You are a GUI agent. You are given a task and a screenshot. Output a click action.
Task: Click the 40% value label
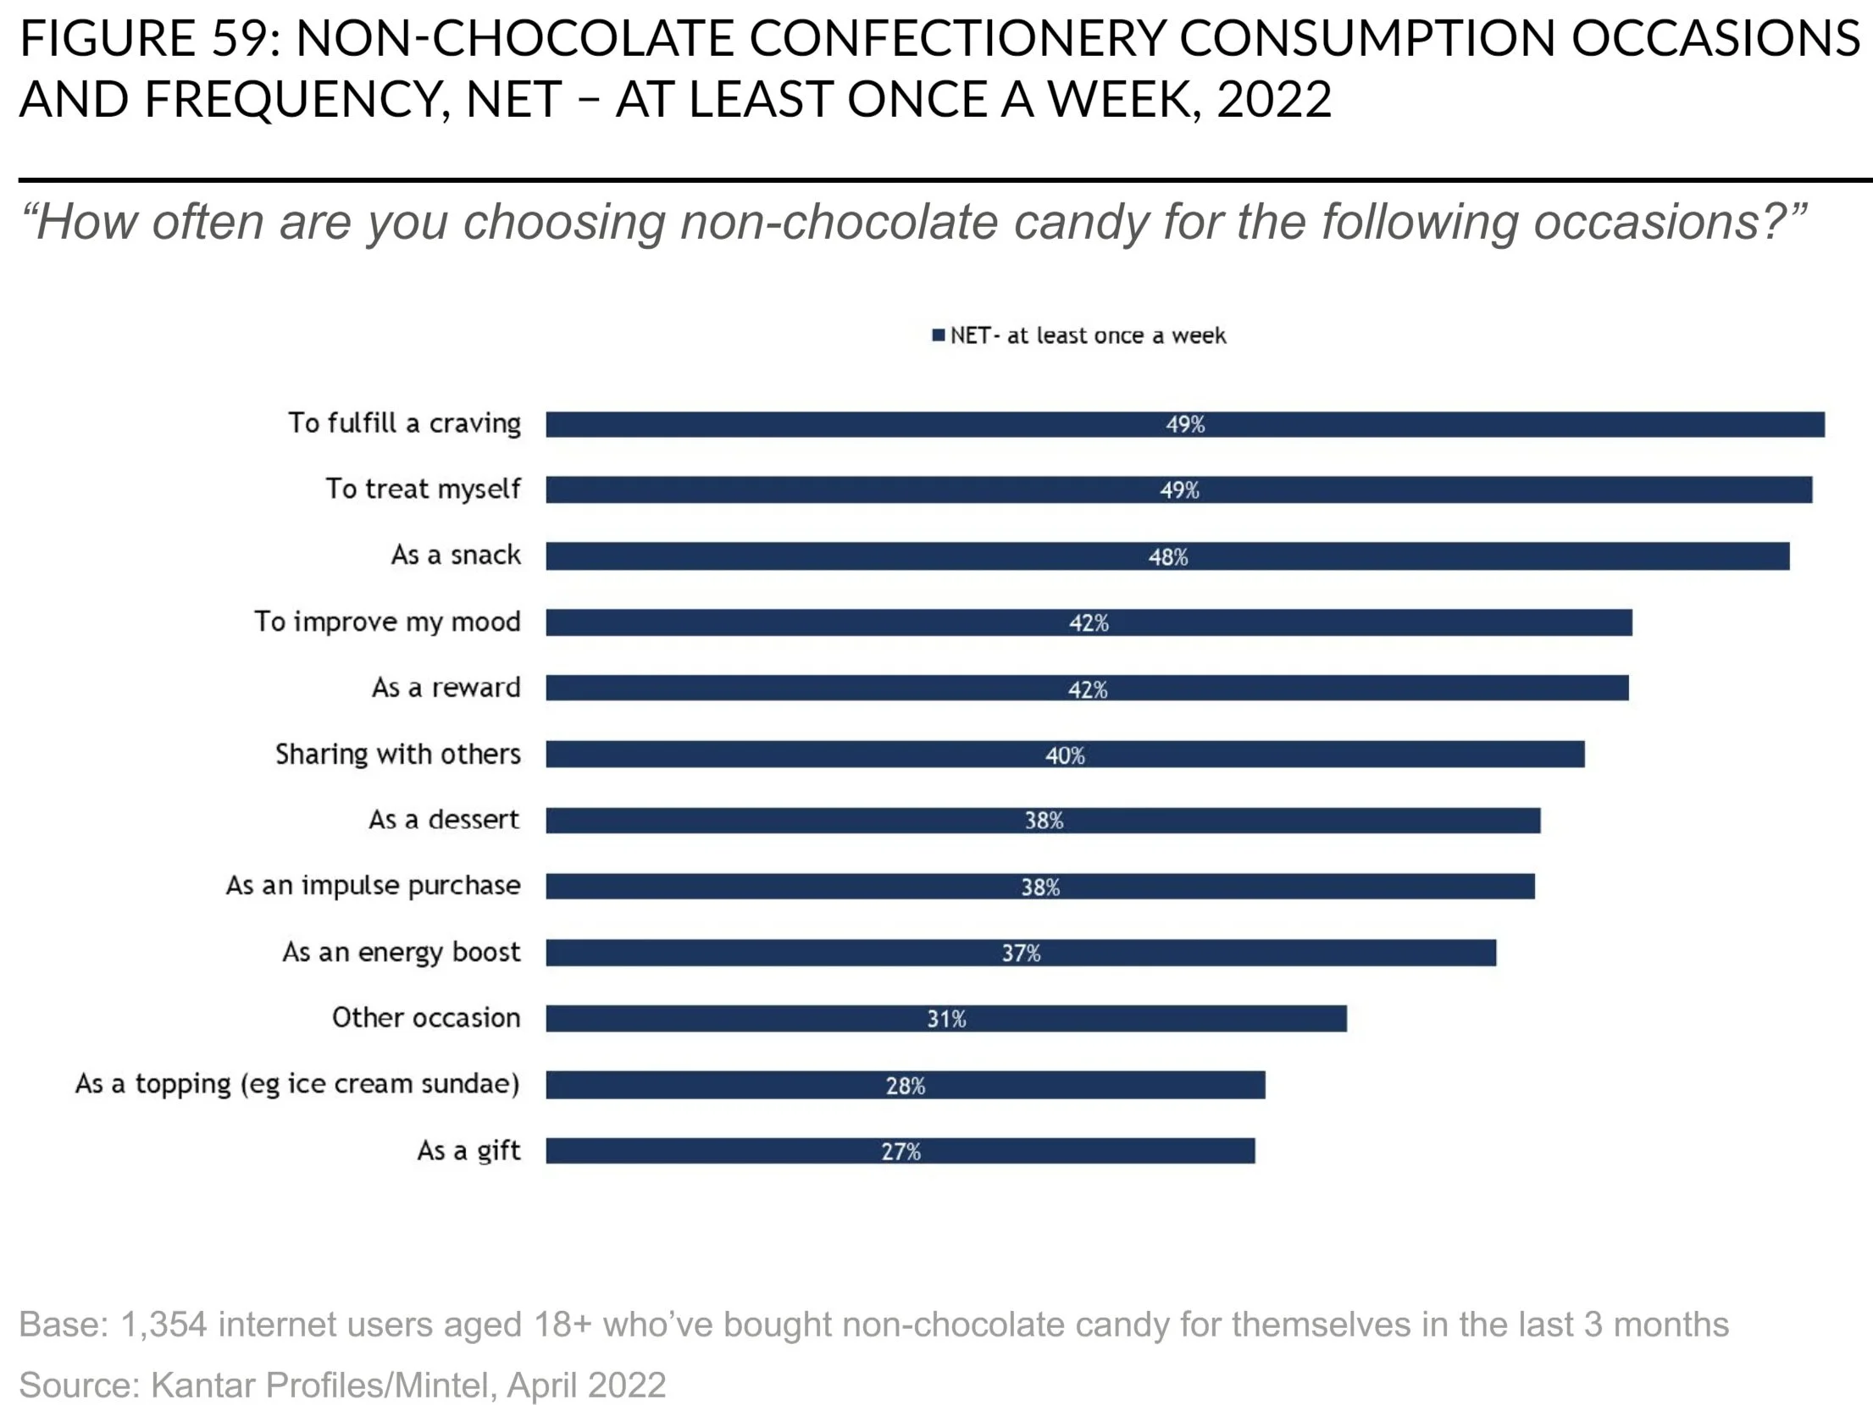point(1065,755)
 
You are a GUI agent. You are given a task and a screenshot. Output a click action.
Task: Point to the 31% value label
point(946,1019)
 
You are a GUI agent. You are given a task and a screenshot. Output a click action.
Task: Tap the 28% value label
point(906,1086)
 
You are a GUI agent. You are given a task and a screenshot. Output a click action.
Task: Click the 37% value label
point(1021,954)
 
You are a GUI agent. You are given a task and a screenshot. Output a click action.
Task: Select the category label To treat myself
point(424,489)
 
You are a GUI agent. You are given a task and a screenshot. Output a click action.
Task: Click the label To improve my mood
point(388,622)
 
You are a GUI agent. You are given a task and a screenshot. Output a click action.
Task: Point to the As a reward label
point(446,687)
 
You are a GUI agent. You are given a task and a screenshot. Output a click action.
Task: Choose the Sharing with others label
point(398,754)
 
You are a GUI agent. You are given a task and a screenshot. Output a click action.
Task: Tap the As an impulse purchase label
point(374,886)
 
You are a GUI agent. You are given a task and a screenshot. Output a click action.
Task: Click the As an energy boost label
point(402,952)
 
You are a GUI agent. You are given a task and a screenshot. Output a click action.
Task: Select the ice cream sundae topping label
point(297,1084)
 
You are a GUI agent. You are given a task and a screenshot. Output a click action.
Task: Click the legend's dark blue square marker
point(938,335)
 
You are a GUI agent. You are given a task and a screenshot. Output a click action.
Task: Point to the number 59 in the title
point(239,38)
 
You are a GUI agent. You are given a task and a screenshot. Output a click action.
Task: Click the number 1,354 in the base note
point(163,1325)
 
